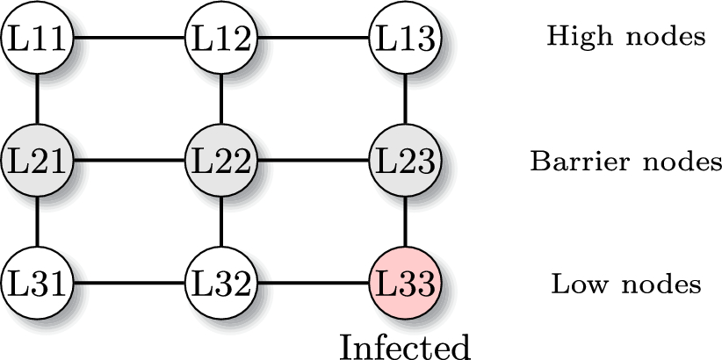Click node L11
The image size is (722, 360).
click(x=37, y=38)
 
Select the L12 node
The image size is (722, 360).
click(x=220, y=38)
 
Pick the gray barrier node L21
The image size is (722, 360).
click(x=37, y=161)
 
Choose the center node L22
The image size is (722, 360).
click(x=220, y=161)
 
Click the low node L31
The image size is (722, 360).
click(x=37, y=284)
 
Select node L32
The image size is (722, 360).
click(x=220, y=284)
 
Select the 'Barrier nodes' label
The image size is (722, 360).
click(x=625, y=162)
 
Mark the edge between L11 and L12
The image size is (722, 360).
click(x=128, y=38)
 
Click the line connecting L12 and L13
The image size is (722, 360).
click(x=312, y=38)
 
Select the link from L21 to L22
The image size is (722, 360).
click(x=128, y=161)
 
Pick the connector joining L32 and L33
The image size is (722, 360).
click(x=312, y=284)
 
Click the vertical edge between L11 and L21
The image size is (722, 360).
click(x=37, y=99)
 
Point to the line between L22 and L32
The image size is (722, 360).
click(x=220, y=222)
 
